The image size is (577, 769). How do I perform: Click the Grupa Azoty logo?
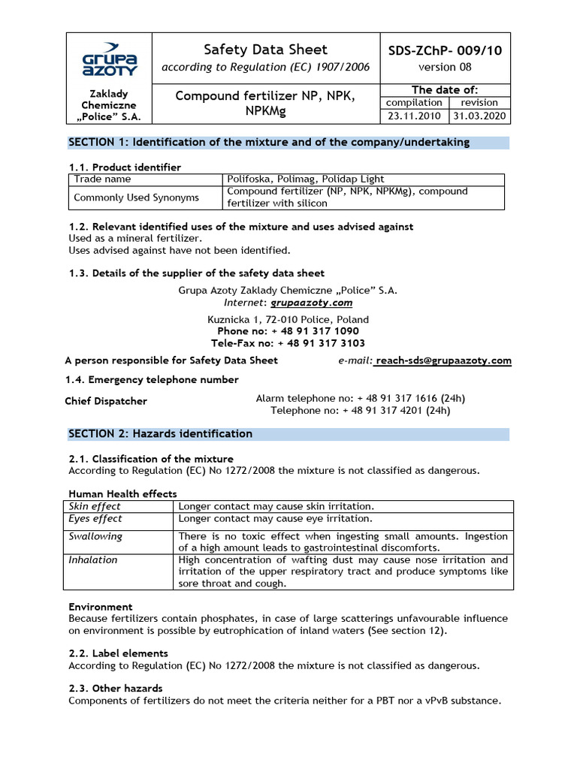109,59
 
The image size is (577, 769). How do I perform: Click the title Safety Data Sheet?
266,50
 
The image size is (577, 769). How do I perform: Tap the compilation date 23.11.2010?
414,116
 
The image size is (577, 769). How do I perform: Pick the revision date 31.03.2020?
479,116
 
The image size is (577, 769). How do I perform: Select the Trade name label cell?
102,179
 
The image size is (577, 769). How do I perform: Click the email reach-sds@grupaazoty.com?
443,360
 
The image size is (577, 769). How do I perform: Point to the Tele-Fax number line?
289,343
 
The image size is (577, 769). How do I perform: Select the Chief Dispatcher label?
106,401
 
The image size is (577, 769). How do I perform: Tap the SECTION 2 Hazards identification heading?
161,434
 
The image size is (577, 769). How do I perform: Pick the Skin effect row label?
95,507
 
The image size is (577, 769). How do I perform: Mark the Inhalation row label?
93,560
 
